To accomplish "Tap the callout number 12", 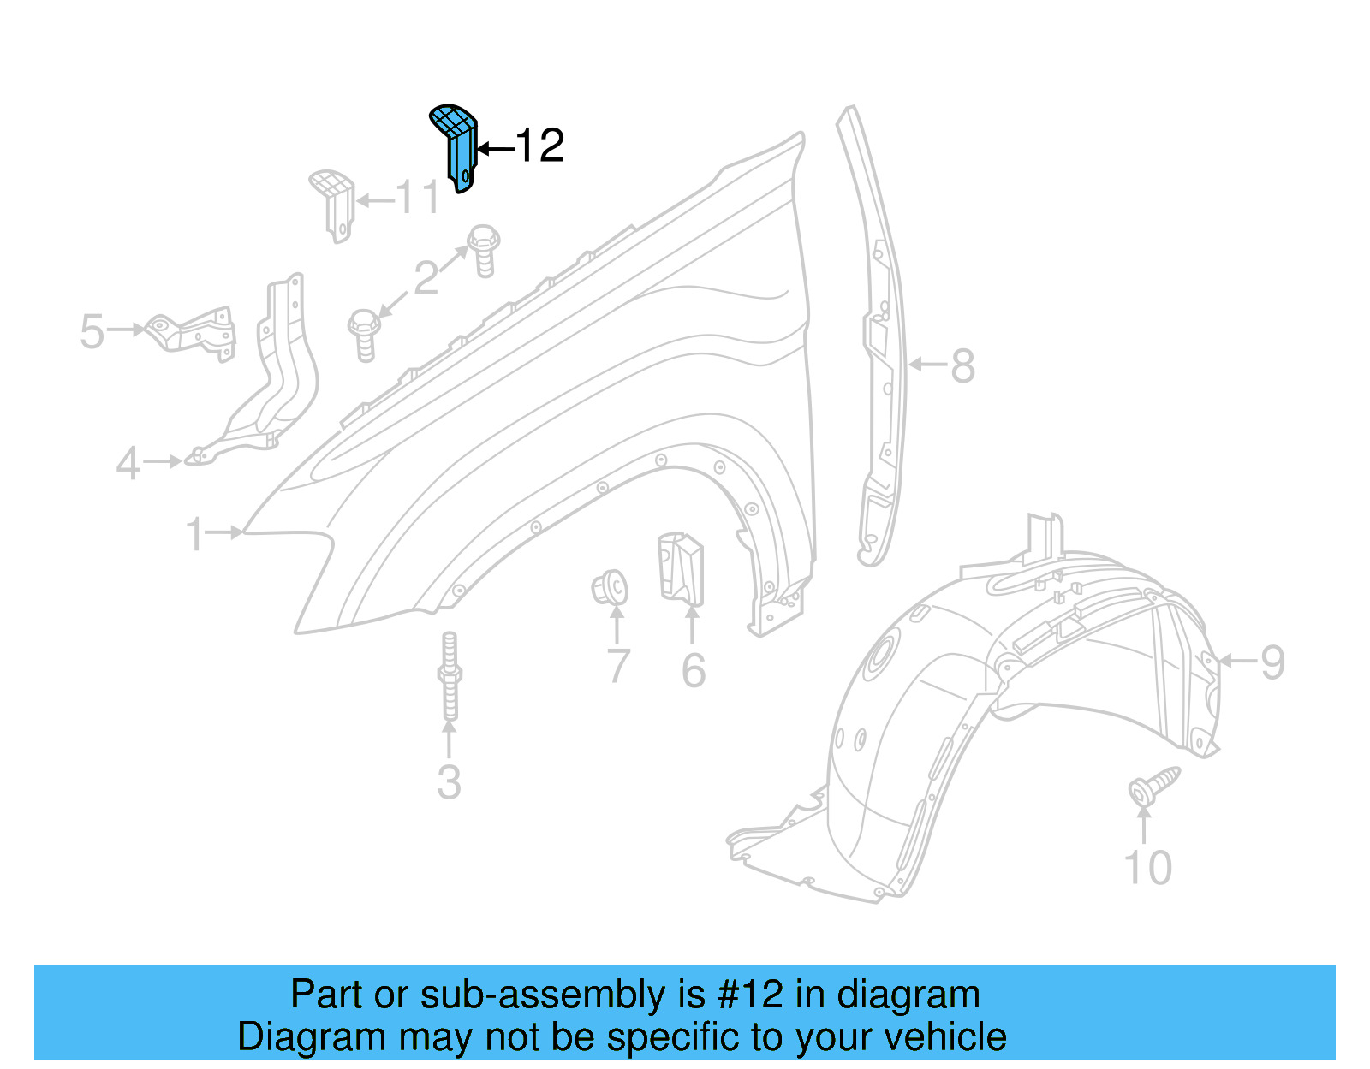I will [x=539, y=146].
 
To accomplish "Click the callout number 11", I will [x=418, y=199].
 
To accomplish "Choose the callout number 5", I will [x=92, y=332].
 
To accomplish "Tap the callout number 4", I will [x=128, y=464].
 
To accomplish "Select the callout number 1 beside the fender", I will [x=195, y=534].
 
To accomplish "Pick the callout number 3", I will [x=449, y=782].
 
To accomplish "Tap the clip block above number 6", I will [x=681, y=567].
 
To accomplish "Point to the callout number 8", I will [x=963, y=366].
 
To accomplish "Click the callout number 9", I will [x=1272, y=662].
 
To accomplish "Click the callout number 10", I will [x=1147, y=868].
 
